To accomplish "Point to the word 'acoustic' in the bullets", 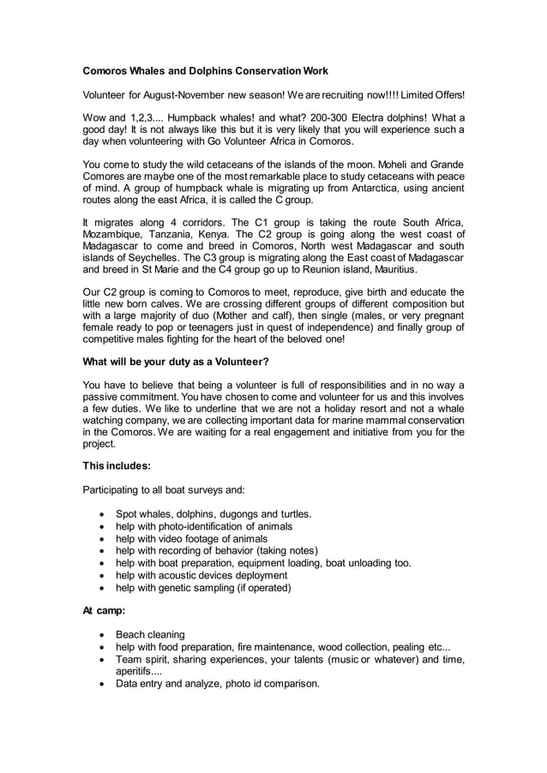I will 192,575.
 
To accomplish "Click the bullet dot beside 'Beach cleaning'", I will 104,635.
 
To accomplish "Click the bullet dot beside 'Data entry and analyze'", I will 104,684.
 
